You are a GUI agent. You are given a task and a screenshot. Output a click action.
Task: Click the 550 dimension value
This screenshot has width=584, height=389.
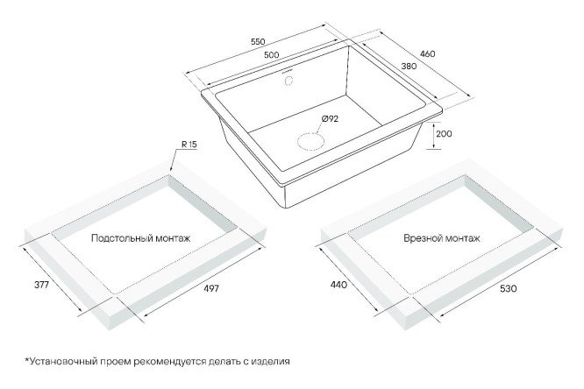tap(258, 41)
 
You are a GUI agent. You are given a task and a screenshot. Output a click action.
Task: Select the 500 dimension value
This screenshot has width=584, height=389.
tap(271, 54)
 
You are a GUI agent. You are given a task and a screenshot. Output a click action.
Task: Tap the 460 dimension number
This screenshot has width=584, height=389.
tap(428, 54)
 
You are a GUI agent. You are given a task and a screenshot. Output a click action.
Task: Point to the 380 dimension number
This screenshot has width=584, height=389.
tap(409, 67)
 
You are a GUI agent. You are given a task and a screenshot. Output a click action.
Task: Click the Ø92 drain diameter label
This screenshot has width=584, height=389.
tap(330, 119)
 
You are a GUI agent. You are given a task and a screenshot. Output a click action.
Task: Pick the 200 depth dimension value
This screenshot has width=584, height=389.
tap(444, 134)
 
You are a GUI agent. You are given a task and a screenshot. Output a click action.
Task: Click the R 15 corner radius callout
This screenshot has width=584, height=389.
tap(189, 145)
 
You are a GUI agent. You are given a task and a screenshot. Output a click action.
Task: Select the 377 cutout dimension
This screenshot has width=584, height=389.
tap(41, 285)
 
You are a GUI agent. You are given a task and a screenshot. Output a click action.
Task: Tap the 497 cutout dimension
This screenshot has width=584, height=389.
tap(211, 287)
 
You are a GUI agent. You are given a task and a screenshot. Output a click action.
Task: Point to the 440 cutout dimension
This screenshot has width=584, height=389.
tap(338, 285)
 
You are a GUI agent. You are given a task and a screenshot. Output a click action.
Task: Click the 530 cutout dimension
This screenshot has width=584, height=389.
tap(509, 288)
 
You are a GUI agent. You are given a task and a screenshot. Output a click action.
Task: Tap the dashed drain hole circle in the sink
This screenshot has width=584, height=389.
tap(310, 141)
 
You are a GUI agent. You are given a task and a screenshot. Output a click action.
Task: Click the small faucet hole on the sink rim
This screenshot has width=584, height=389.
tap(288, 81)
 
